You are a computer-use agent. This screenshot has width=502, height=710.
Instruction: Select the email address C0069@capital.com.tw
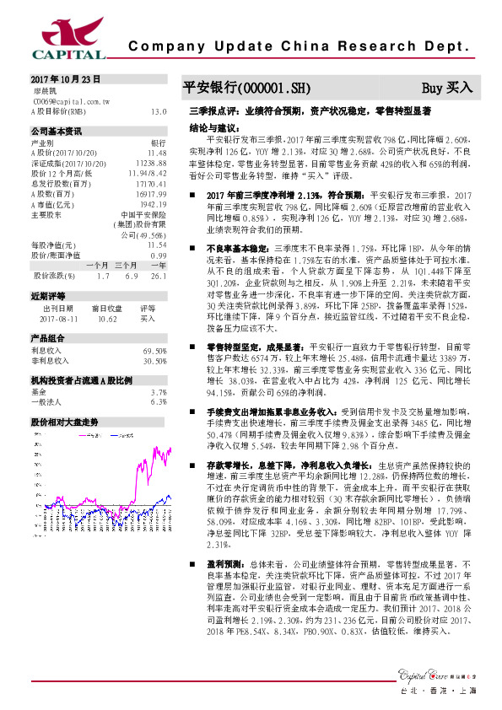(70, 100)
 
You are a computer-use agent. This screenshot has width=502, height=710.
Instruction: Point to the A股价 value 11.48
(158, 153)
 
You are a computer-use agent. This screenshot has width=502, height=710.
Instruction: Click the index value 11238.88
(152, 162)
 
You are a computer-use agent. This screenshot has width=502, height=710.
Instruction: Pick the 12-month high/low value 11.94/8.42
(149, 171)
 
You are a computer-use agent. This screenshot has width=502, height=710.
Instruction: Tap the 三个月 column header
(127, 266)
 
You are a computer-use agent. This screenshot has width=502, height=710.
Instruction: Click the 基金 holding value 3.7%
(158, 393)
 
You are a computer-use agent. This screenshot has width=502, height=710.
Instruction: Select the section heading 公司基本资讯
(57, 132)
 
